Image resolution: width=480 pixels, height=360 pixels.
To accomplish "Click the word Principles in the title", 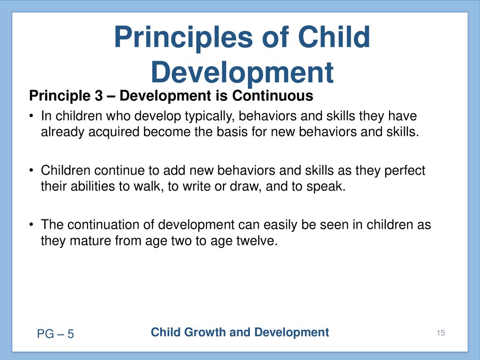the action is click(x=183, y=38).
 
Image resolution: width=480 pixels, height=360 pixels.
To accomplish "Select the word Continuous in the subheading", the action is click(x=272, y=96).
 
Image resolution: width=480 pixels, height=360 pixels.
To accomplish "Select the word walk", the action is click(x=148, y=186).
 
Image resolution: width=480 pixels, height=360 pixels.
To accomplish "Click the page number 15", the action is click(x=441, y=333).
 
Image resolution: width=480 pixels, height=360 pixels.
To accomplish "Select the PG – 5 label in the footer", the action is click(x=55, y=334).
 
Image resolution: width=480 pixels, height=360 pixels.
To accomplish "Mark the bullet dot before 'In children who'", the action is click(x=31, y=116).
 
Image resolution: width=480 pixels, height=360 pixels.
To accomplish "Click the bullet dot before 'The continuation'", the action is click(x=31, y=225).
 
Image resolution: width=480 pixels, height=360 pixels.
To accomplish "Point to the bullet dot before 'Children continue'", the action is click(x=31, y=171).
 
